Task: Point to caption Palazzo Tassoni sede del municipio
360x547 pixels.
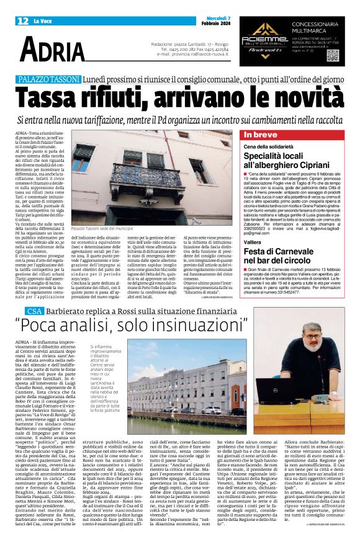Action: [106, 212]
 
